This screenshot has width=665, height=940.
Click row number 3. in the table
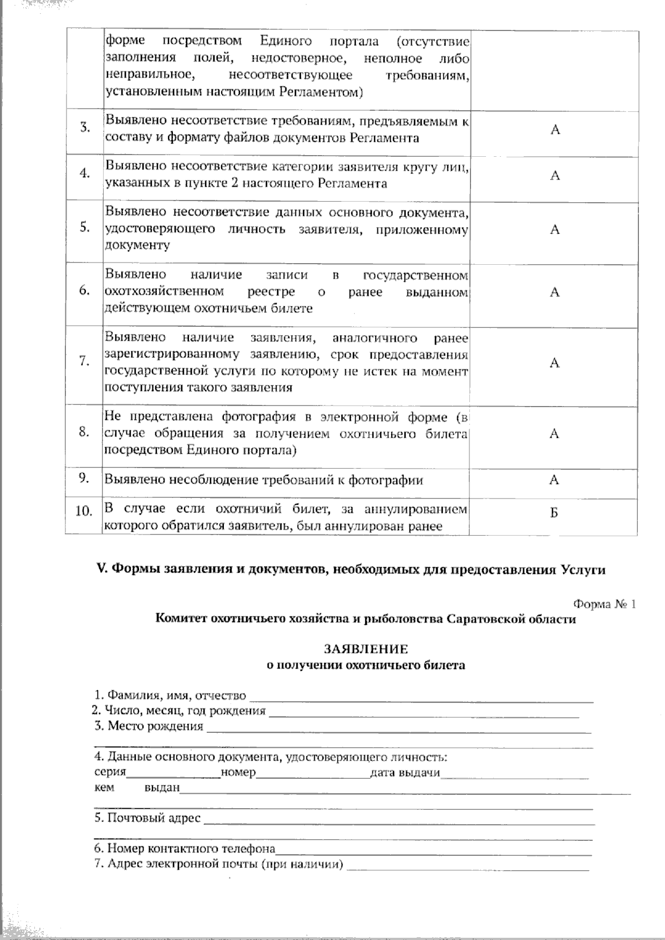pyautogui.click(x=85, y=128)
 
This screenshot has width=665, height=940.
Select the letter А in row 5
pyautogui.click(x=555, y=230)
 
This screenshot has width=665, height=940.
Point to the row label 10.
pyautogui.click(x=83, y=511)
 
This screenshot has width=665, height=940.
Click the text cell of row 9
pyautogui.click(x=264, y=480)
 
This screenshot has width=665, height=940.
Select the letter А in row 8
pyautogui.click(x=554, y=434)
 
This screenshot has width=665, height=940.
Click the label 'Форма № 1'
pyautogui.click(x=604, y=604)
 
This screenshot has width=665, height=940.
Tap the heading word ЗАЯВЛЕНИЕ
pyautogui.click(x=366, y=649)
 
